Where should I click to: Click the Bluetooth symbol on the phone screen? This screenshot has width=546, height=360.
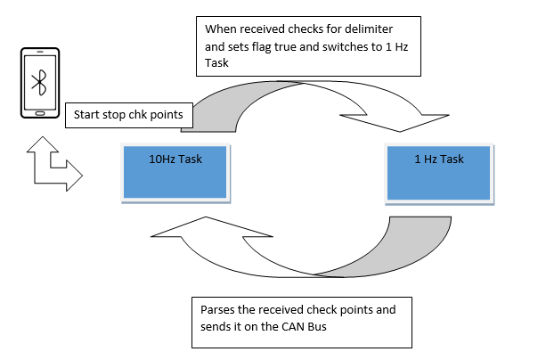[39, 83]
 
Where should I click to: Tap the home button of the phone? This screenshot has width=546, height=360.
[40, 113]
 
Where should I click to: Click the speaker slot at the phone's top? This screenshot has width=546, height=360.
[40, 52]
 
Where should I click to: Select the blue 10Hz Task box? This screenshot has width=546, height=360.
[175, 172]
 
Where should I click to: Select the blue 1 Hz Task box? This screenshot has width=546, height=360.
[439, 173]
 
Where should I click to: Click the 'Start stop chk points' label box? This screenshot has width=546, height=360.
[129, 115]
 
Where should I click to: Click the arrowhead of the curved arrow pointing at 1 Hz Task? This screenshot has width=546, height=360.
[395, 121]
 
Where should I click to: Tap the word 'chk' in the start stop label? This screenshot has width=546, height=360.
[137, 115]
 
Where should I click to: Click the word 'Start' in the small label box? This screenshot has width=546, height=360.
[86, 115]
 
